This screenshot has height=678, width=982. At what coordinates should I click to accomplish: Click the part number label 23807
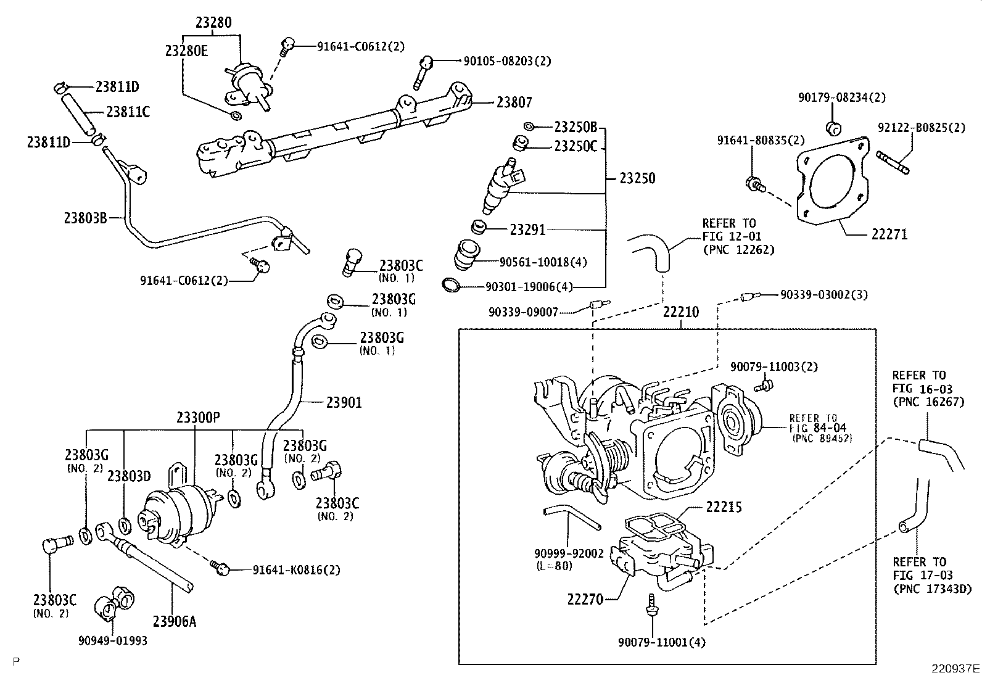[x=514, y=102]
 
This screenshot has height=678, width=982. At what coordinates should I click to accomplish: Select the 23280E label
[x=186, y=51]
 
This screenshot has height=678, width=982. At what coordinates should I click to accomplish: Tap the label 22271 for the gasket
[x=889, y=234]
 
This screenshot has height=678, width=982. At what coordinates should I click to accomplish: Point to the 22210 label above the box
[x=681, y=312]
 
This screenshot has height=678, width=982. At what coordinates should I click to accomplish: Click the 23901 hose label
[x=344, y=403]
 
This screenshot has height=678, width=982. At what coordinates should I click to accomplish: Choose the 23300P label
[x=198, y=418]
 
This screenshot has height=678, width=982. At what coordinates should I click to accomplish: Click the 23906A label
[x=174, y=621]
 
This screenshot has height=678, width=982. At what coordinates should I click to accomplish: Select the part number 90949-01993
[x=113, y=640]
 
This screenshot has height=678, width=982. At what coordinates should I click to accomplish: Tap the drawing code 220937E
[x=955, y=668]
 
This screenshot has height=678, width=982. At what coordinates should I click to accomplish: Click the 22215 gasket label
[x=724, y=507]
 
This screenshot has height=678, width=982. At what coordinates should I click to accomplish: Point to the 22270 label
[x=585, y=598]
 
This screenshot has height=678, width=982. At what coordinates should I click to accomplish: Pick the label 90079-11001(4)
[x=662, y=642]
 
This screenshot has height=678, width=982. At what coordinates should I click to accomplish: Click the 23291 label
[x=527, y=229]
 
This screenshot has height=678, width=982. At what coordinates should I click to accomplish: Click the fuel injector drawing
[x=503, y=184]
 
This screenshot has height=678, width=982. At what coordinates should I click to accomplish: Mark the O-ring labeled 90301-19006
[x=451, y=285]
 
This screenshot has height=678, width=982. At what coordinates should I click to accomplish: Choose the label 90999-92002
[x=569, y=553]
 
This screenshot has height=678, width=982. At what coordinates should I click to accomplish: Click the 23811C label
[x=128, y=112]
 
